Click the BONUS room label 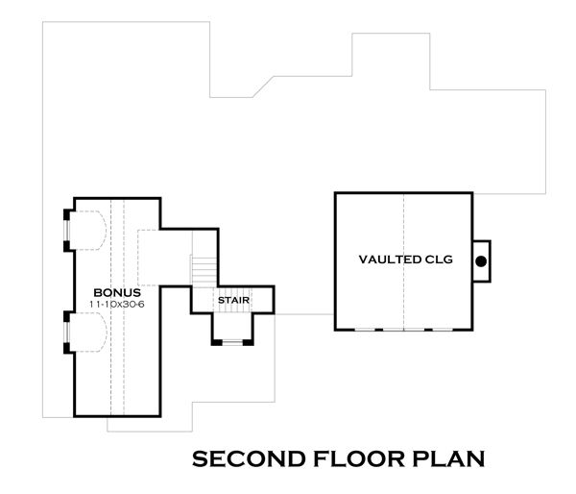tap(117, 293)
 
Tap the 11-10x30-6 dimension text tap(117, 305)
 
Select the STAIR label tap(233, 301)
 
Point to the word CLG tap(439, 259)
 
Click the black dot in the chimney tap(481, 261)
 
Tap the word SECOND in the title tap(249, 459)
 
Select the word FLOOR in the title tap(358, 459)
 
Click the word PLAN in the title tap(448, 459)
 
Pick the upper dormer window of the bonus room tap(66, 231)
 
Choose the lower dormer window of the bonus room tap(66, 333)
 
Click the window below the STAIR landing tap(232, 343)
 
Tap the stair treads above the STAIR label tap(204, 271)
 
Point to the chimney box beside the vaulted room tap(482, 261)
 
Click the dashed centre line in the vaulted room tap(404, 260)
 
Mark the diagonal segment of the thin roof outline tap(263, 86)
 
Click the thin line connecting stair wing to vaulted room tap(304, 314)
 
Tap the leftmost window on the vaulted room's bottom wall tap(365, 330)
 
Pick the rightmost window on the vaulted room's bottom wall tap(443, 330)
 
